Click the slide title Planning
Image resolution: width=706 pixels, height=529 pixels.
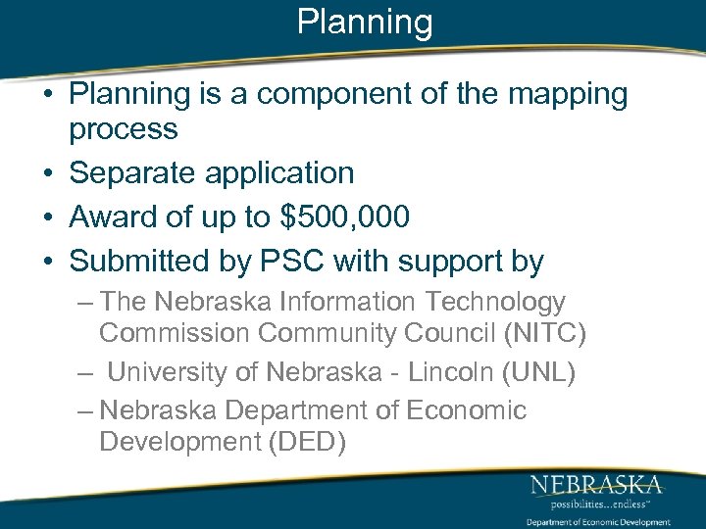[365, 22]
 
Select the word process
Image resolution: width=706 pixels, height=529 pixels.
[124, 128]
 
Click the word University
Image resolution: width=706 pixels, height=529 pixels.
[167, 373]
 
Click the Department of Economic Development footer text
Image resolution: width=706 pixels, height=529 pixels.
[597, 522]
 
